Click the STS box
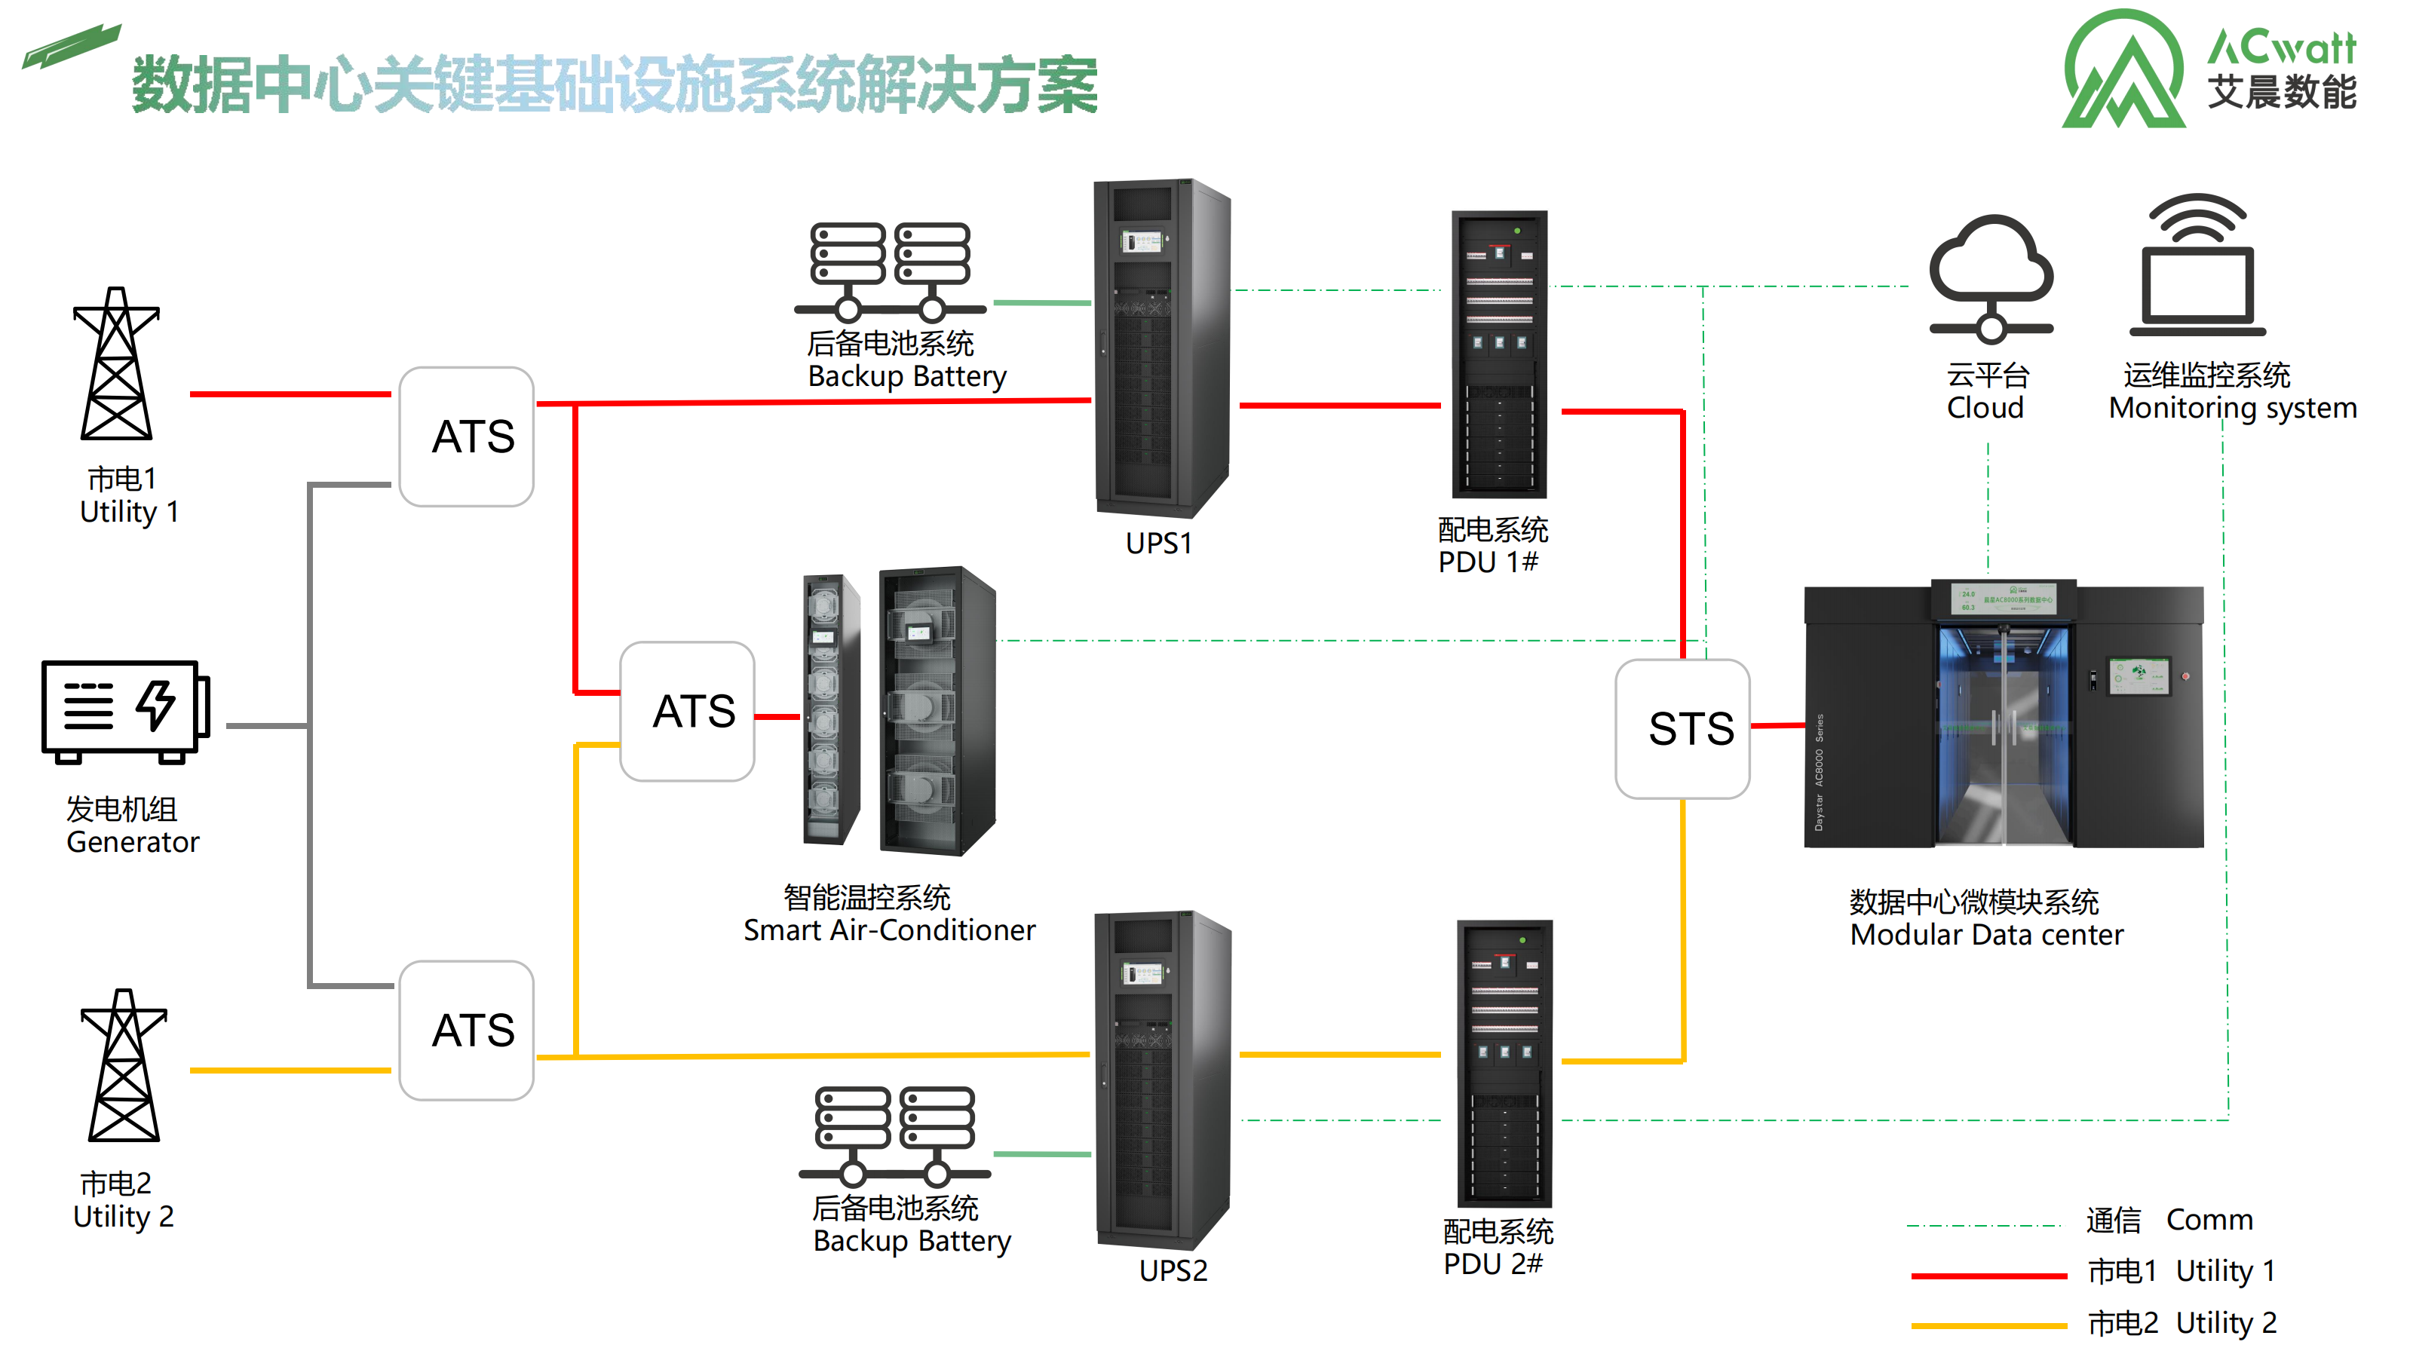pos(1682,728)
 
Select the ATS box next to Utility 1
pos(467,437)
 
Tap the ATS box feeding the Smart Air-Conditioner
pos(688,711)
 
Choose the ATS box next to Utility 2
pos(467,1030)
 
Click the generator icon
pos(124,711)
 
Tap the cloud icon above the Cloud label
pos(1991,276)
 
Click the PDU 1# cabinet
pos(1499,354)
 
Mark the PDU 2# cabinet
pos(1504,1063)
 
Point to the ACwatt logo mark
pos(2124,70)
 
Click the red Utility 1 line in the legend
pos(1988,1276)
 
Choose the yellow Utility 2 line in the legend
pos(1988,1325)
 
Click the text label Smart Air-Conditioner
pos(889,930)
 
